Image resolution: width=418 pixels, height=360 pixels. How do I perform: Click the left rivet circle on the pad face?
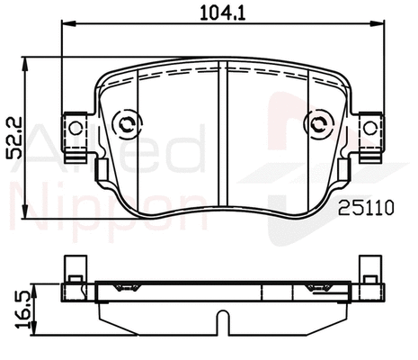128,123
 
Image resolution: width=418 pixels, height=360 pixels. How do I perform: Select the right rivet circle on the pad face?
318,123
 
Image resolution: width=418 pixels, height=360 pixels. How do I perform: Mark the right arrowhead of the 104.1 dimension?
380,28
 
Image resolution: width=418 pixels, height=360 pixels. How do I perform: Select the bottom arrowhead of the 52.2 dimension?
29,213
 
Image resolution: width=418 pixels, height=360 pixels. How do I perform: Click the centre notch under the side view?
223,321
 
